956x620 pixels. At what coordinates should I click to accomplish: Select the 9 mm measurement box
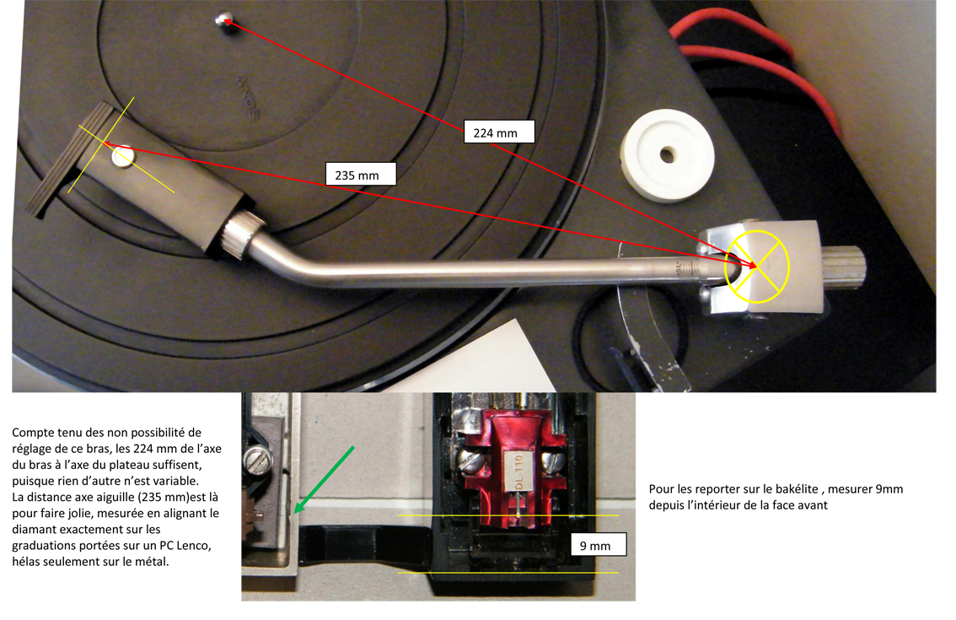[x=598, y=544]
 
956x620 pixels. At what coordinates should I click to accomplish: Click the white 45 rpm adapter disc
[x=667, y=155]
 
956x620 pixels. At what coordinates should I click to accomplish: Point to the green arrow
[x=324, y=480]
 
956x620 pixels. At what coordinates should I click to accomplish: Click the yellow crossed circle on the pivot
[x=757, y=267]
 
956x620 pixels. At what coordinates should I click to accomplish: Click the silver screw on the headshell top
[x=123, y=156]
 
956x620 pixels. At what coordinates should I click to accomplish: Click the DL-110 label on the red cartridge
[x=518, y=473]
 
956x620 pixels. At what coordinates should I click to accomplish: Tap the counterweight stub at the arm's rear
[x=844, y=267]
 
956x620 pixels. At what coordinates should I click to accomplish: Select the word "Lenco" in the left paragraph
[x=194, y=546]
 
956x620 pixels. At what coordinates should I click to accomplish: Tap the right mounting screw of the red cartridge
[x=557, y=459]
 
